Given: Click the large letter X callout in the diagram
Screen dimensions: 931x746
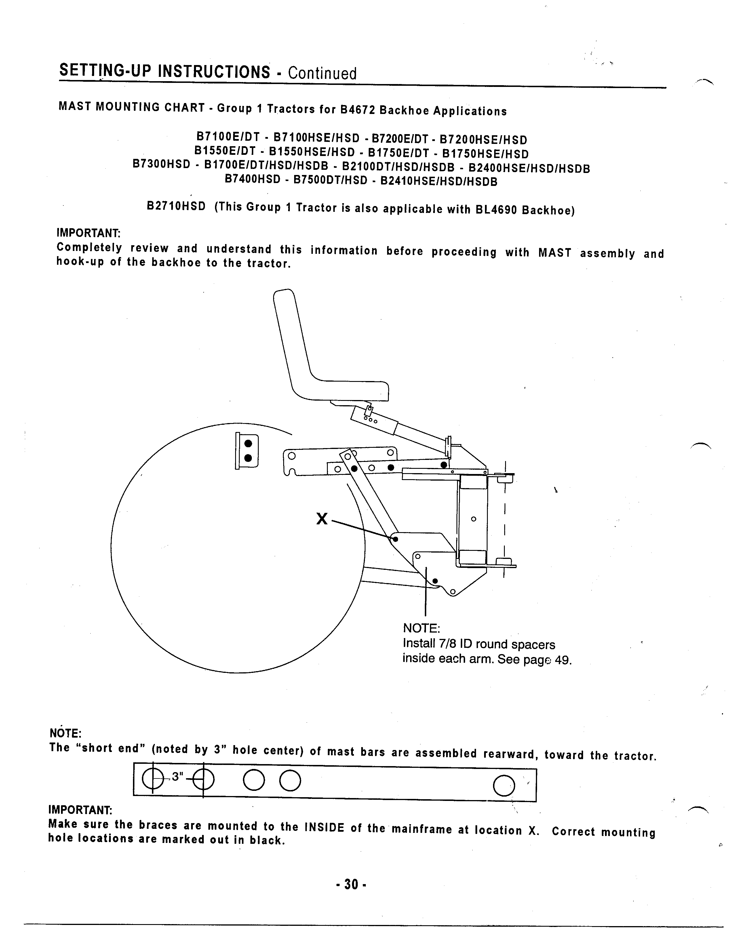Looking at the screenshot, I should tap(322, 518).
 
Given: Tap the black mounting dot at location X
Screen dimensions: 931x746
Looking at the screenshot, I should tap(395, 539).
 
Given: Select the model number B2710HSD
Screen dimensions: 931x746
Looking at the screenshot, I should tap(176, 206).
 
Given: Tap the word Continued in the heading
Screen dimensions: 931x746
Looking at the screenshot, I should tap(322, 73).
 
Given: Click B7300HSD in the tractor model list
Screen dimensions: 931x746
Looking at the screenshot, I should tap(161, 164).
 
